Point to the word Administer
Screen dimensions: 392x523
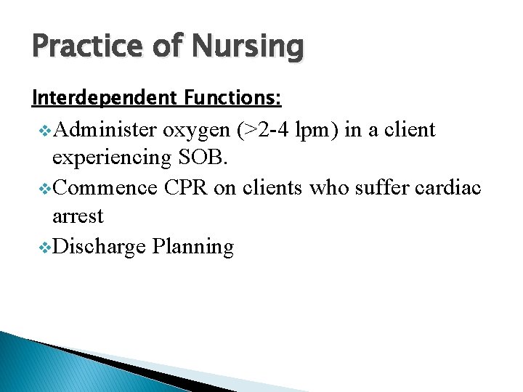(106, 130)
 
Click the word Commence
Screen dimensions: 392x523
(105, 187)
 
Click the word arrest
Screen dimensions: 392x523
(78, 216)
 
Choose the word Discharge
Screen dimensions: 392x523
(100, 247)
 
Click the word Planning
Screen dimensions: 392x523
(194, 247)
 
